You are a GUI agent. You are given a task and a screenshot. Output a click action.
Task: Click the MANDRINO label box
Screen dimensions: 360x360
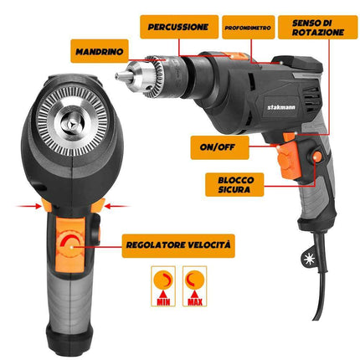100,51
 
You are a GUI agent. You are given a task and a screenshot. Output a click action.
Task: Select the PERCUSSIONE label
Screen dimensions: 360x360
179,27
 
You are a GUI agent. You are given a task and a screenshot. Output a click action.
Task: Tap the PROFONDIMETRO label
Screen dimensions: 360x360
248,28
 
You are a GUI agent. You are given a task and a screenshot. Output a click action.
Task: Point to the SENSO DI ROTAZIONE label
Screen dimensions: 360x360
317,27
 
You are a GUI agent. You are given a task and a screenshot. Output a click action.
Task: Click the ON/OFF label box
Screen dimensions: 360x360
219,147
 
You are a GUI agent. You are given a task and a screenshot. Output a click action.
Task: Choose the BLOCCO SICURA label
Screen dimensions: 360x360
234,184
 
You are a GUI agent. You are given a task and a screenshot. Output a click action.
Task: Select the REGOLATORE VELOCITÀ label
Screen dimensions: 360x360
178,245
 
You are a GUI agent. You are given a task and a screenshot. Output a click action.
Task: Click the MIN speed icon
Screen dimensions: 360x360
163,286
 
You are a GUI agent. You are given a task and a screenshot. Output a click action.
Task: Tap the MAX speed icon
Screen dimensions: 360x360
194,286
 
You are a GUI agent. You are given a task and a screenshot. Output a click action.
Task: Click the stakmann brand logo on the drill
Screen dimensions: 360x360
281,107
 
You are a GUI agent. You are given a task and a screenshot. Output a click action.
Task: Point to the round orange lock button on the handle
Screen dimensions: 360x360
317,157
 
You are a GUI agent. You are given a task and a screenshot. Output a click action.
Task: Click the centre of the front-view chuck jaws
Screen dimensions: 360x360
73,122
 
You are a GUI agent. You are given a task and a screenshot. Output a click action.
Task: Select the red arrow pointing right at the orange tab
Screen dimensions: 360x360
29,207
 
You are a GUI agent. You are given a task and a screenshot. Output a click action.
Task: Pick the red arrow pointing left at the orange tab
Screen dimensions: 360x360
116,207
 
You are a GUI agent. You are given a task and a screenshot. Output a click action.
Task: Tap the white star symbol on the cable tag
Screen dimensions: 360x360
309,260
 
